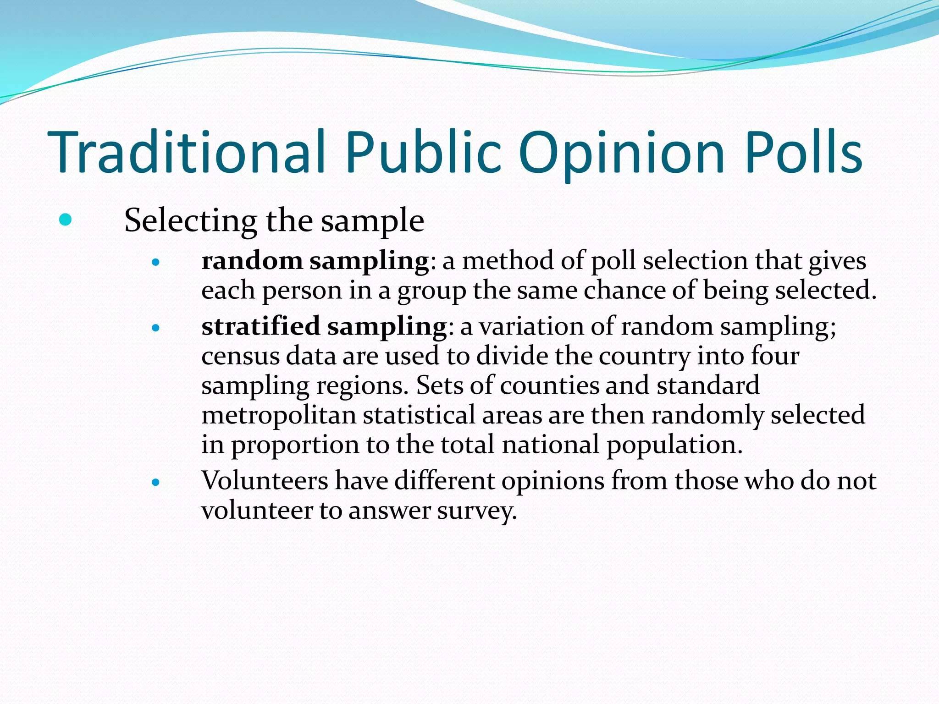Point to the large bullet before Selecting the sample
[x=66, y=220]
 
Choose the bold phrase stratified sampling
[x=324, y=327]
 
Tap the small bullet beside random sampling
[x=156, y=263]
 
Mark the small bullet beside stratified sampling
[x=156, y=328]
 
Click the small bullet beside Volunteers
[x=156, y=482]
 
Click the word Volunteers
[x=265, y=481]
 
